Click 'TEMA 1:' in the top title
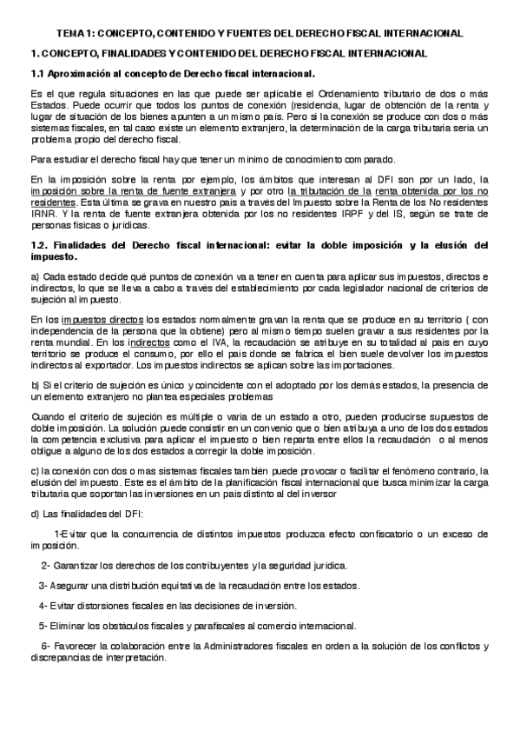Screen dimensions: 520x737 pyautogui.click(x=75, y=33)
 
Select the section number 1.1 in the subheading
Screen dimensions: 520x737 pyautogui.click(x=36, y=75)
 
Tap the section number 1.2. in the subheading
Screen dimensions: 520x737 pyautogui.click(x=39, y=246)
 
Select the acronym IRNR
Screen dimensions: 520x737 pyautogui.click(x=43, y=211)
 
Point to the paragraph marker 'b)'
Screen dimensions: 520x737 pyautogui.click(x=35, y=385)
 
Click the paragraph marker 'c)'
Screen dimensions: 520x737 pyautogui.click(x=35, y=471)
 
